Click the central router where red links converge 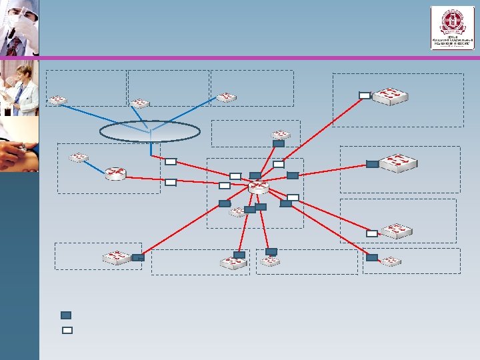[x=257, y=187]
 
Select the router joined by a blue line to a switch [x=116, y=173]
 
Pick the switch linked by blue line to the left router [x=79, y=157]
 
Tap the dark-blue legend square [x=66, y=315]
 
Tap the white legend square [x=67, y=329]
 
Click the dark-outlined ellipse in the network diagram [x=149, y=131]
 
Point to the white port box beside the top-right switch [x=364, y=95]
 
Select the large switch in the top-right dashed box [x=390, y=97]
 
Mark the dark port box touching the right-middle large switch [x=372, y=164]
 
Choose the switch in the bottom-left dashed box [x=117, y=257]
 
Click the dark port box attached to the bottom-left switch [x=138, y=257]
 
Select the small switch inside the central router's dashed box [x=237, y=212]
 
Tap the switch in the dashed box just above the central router [x=280, y=134]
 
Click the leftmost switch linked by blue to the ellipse [x=58, y=100]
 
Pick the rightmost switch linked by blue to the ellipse [x=226, y=97]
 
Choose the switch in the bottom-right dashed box [x=391, y=260]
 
